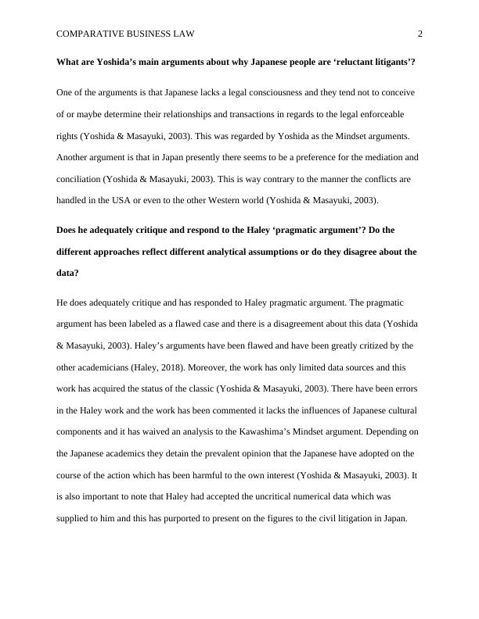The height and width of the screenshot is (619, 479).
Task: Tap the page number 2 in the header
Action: (x=420, y=34)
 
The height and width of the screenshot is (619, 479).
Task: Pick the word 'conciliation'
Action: (x=82, y=179)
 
